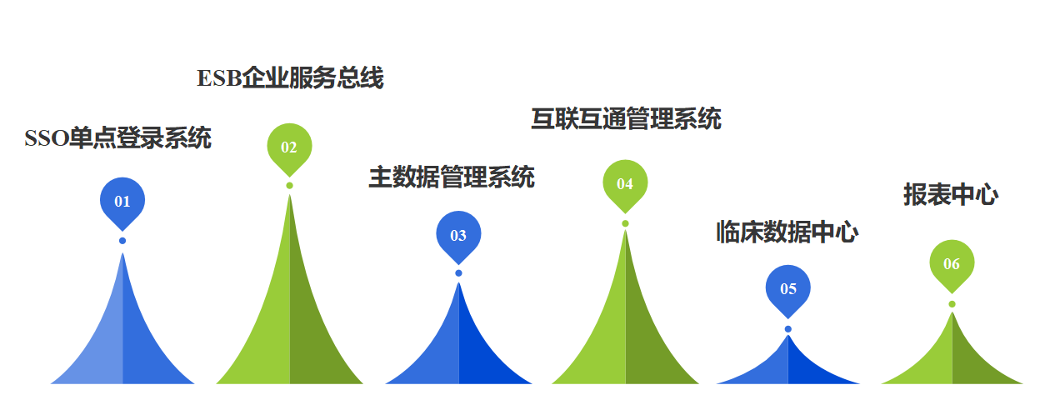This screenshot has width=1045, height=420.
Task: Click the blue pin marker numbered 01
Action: [x=122, y=201]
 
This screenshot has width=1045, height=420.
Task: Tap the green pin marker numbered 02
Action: [x=289, y=147]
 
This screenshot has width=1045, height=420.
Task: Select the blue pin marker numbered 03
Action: [x=458, y=235]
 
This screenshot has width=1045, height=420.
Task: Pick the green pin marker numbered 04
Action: [x=625, y=183]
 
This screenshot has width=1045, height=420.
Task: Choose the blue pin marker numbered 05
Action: [x=788, y=289]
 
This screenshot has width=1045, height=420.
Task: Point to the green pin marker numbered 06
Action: [x=952, y=264]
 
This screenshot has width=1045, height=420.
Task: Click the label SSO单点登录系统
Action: [x=117, y=138]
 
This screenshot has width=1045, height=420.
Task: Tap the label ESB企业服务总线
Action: [x=290, y=78]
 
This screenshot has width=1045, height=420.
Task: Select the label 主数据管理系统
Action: [x=452, y=177]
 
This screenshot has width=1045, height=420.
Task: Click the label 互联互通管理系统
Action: [x=626, y=119]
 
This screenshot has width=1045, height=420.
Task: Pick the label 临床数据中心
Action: [x=787, y=232]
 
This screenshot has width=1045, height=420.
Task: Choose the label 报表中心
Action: [x=951, y=195]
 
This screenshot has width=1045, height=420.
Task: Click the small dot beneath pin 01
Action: [x=122, y=241]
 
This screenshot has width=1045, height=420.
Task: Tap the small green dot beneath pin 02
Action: [x=289, y=185]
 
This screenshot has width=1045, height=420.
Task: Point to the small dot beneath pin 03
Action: [x=458, y=273]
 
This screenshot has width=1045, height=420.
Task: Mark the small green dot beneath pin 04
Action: [x=625, y=223]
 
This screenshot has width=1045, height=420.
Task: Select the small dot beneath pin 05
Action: [x=788, y=329]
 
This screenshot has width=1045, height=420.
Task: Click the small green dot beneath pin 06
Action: [x=952, y=304]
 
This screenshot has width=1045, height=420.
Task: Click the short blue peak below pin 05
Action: [x=788, y=367]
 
